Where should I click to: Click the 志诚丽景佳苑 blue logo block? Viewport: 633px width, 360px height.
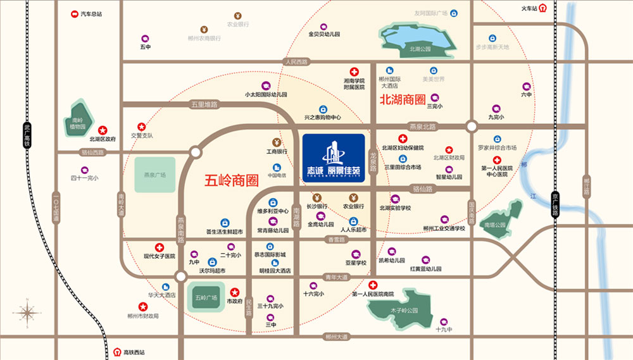tap(333, 158)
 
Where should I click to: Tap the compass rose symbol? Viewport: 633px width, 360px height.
tap(28, 312)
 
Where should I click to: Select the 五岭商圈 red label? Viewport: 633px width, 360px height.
tap(232, 180)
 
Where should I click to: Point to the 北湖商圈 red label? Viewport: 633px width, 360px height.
tap(402, 100)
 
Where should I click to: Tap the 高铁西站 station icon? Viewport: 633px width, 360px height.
tap(117, 352)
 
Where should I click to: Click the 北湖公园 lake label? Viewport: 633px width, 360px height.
tap(420, 48)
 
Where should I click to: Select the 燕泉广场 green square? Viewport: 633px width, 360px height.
tap(154, 175)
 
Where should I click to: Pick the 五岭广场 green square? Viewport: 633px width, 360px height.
tap(206, 297)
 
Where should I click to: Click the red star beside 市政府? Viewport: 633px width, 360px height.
tap(234, 292)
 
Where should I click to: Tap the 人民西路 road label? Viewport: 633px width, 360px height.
tap(296, 62)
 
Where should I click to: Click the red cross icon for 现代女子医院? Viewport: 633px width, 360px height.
tap(160, 247)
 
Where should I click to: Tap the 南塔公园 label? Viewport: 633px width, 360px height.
tap(496, 225)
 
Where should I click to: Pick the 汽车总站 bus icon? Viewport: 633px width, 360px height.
tap(73, 13)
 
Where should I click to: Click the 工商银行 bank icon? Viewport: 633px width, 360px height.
tap(277, 142)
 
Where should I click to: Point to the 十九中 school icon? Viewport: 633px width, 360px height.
tap(444, 321)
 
